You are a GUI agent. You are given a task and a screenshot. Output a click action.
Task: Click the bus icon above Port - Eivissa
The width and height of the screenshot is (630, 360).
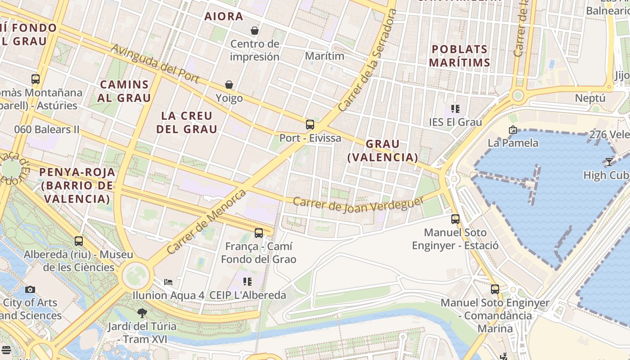310,125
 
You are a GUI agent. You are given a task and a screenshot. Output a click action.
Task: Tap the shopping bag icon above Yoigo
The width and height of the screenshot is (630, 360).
229,85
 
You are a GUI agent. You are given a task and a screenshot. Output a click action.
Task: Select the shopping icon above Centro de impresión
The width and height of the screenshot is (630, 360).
255,31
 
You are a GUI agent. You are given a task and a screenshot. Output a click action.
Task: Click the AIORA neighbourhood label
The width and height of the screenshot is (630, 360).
224,17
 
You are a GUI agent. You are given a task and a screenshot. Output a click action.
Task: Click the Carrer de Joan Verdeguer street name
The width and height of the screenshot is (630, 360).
358,204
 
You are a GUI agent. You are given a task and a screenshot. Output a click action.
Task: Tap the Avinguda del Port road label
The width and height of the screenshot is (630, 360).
155,63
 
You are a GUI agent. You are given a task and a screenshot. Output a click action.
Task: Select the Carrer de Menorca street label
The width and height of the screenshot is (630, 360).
207,222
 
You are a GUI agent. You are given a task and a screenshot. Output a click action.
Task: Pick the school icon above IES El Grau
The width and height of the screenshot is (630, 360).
455,109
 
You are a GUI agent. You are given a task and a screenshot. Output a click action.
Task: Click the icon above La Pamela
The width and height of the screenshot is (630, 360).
513,130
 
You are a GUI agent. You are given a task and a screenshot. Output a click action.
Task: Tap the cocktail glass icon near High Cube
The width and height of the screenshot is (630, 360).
609,162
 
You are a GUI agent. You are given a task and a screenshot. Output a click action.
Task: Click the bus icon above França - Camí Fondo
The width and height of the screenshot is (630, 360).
258,233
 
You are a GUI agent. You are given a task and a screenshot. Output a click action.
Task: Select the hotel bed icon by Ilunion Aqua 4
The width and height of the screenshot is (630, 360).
168,282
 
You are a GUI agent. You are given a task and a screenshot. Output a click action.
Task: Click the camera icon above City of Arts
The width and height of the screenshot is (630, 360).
30,289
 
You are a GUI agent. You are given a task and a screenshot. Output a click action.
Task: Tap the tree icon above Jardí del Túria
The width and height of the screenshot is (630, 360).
142,313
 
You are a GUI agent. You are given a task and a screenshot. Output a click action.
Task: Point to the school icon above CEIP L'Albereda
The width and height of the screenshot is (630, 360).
247,282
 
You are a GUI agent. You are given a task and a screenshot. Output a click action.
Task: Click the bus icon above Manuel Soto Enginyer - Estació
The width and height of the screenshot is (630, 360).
455,219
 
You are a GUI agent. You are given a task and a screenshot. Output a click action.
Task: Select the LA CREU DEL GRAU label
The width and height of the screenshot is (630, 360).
187,122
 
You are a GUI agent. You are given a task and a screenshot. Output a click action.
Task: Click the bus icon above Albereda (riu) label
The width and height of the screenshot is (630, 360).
79,241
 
